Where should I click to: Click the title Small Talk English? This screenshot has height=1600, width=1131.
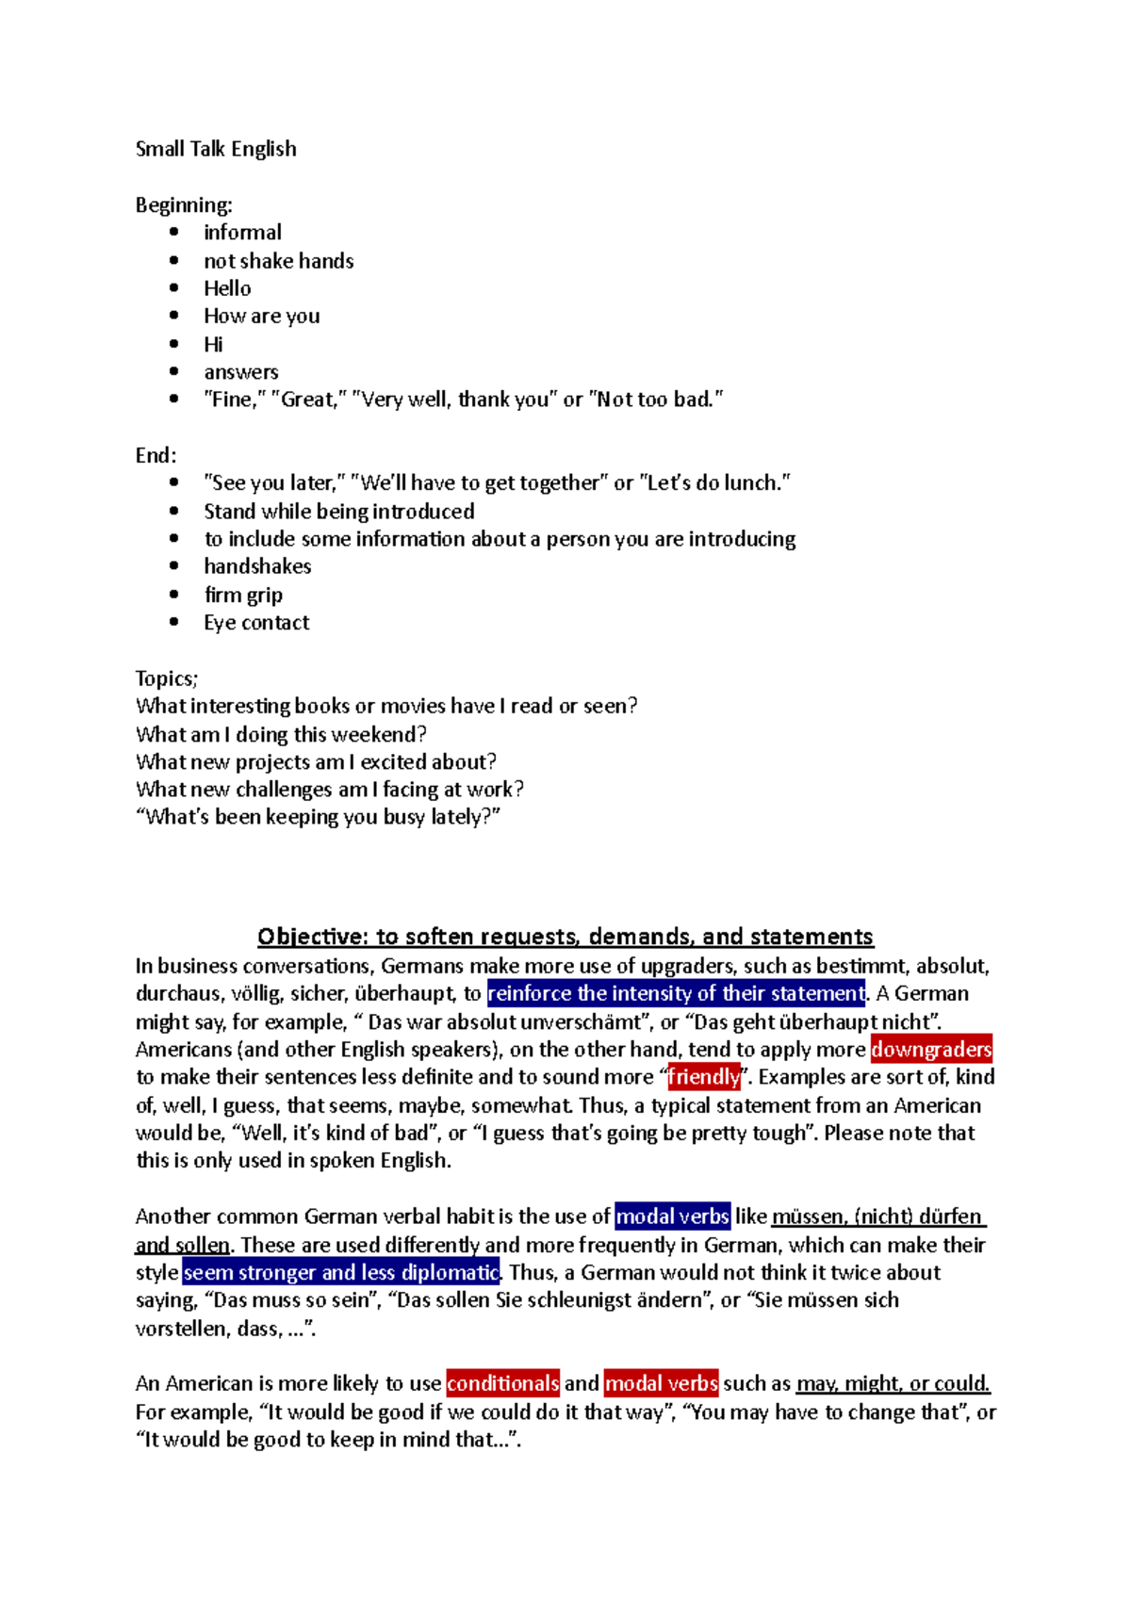[216, 149]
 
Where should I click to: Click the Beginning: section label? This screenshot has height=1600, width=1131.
[184, 204]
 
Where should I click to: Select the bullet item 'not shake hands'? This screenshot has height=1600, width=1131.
[279, 261]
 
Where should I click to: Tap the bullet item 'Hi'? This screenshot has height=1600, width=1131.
[214, 344]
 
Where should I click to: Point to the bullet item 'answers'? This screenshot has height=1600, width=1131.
[241, 372]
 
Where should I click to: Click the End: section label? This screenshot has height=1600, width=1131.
[156, 455]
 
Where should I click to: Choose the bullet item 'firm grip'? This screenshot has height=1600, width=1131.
[243, 595]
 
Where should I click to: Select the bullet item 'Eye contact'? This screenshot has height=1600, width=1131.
[256, 623]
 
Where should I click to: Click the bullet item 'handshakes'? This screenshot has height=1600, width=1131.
[257, 566]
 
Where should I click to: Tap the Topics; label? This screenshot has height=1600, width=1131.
[167, 678]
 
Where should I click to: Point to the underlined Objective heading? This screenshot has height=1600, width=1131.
[565, 937]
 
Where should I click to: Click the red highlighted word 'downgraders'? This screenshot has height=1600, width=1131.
[931, 1050]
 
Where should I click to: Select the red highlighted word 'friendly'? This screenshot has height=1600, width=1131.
[704, 1077]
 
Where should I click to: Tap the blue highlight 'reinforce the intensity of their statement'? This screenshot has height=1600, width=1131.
[676, 993]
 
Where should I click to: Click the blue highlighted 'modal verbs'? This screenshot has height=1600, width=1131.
[672, 1216]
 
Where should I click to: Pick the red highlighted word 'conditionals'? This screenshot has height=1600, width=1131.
[503, 1383]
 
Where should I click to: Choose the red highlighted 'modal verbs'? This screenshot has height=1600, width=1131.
[661, 1383]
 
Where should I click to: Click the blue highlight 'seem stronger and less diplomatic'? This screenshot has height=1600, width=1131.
[341, 1272]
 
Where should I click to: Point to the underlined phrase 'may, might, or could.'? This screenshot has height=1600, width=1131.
[893, 1383]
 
